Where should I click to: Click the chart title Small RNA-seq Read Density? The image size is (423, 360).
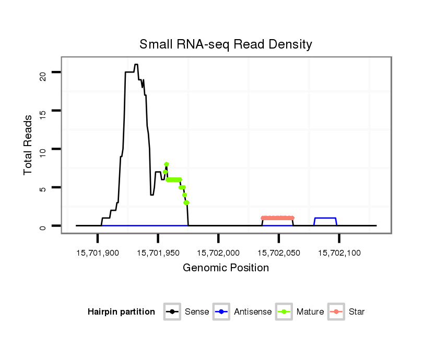click(226, 44)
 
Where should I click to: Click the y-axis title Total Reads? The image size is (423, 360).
click(29, 145)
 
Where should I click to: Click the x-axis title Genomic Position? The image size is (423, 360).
click(226, 268)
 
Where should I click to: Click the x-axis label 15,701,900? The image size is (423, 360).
click(98, 253)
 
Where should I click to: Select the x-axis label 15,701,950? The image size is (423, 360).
click(158, 253)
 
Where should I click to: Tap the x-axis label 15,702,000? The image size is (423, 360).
click(218, 253)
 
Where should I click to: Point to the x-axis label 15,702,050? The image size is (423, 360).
click(279, 253)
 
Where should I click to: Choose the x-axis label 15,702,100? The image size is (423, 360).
click(339, 253)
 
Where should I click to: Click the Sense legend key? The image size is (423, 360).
click(172, 312)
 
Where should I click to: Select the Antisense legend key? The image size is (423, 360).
click(221, 312)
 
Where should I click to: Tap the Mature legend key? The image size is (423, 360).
click(284, 312)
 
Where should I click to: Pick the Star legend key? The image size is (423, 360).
click(336, 312)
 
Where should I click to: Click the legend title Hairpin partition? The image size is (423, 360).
click(121, 312)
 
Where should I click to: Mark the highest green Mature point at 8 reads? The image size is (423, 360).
click(167, 164)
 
